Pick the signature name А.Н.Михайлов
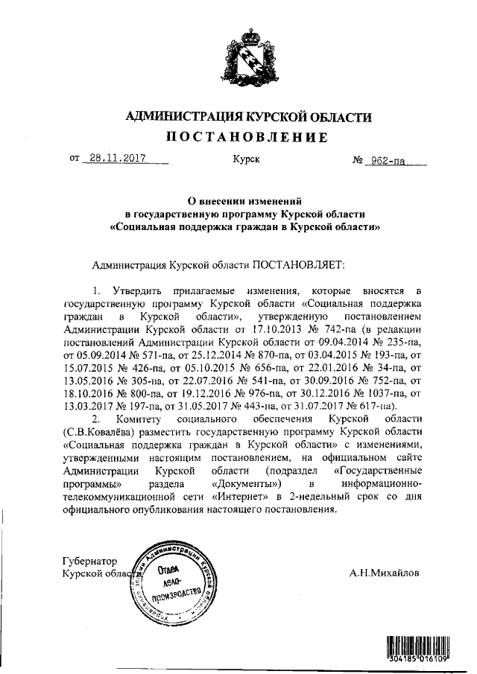point(384,573)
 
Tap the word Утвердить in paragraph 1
point(141,289)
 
